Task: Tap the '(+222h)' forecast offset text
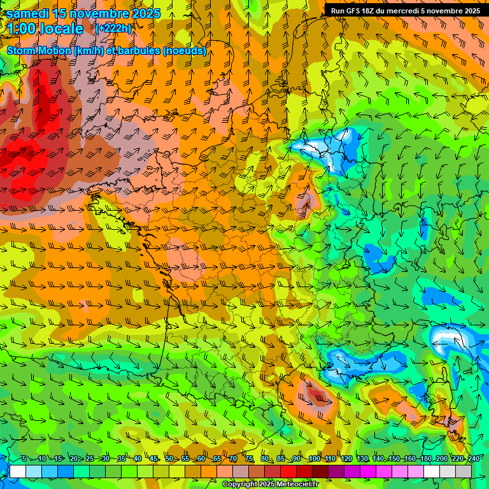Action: (x=114, y=29)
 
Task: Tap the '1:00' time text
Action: (x=23, y=29)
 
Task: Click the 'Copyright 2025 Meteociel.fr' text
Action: (x=270, y=485)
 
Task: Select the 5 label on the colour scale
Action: (x=24, y=458)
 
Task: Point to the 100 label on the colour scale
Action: (x=314, y=458)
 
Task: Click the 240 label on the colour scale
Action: (x=473, y=458)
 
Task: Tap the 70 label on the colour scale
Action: (x=233, y=458)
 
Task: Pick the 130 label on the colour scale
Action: (x=362, y=458)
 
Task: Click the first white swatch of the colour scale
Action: (x=17, y=471)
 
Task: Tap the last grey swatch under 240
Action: (x=464, y=471)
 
